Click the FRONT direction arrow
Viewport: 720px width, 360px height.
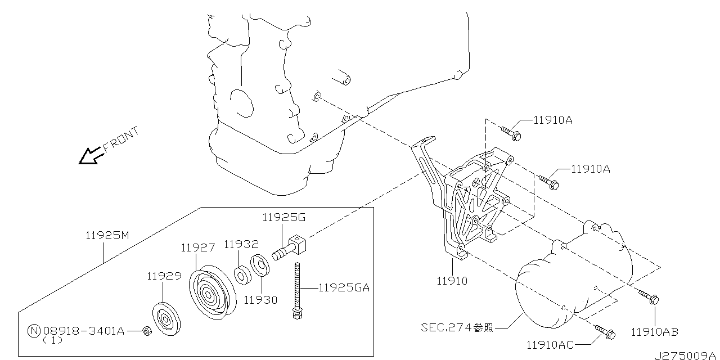(x=91, y=156)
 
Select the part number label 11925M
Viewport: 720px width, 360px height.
(x=107, y=236)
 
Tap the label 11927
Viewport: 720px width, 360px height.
(x=197, y=248)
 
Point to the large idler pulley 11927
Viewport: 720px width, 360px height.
(x=213, y=292)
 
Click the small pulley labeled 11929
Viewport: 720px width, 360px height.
(x=166, y=319)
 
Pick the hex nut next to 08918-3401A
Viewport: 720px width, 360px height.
(x=147, y=330)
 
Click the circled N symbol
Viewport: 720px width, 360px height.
(x=34, y=331)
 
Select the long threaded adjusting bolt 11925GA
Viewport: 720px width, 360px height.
(x=298, y=291)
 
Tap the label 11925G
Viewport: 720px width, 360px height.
(x=284, y=218)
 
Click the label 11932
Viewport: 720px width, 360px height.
(x=241, y=245)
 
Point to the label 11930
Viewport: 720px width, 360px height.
(x=260, y=300)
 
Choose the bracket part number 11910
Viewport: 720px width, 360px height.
(x=452, y=281)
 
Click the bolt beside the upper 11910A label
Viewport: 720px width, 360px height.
(x=511, y=133)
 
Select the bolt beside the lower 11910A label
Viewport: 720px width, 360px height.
(x=549, y=182)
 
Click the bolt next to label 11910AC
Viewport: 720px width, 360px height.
(x=605, y=332)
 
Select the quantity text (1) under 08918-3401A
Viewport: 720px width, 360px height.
(x=52, y=340)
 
